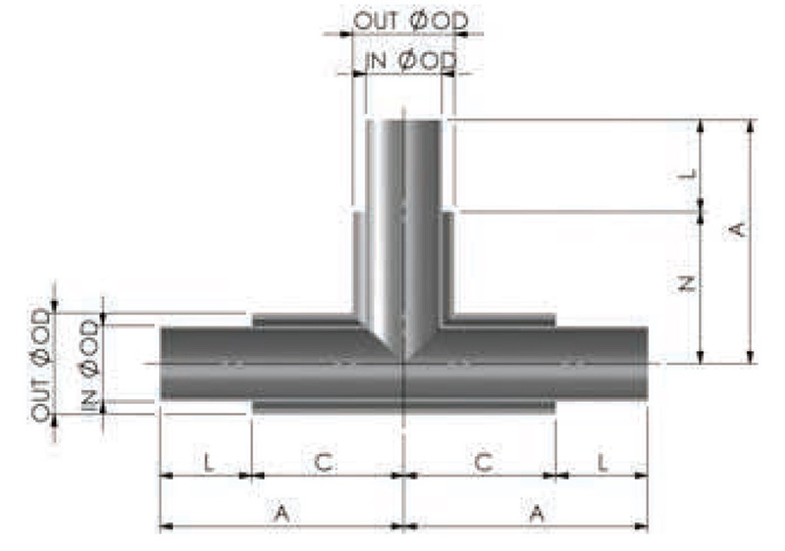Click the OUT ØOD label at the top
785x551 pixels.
[410, 21]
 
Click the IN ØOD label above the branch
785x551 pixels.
[410, 61]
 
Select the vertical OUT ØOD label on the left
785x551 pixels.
[41, 366]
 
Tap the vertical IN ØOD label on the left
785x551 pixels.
[90, 366]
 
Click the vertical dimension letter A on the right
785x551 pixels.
[737, 229]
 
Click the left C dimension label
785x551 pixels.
[324, 462]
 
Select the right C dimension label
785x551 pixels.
[484, 462]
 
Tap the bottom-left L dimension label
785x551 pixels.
[209, 462]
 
